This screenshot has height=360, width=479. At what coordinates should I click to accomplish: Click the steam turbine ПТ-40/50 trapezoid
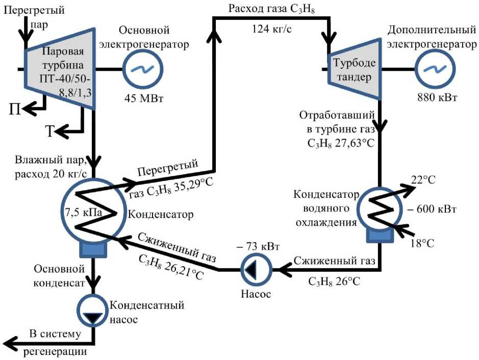click(59, 69)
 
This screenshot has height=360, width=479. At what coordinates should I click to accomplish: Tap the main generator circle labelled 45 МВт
click(143, 69)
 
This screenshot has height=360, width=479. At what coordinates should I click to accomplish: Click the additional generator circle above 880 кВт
click(435, 69)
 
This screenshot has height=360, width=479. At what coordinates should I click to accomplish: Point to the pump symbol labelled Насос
click(256, 270)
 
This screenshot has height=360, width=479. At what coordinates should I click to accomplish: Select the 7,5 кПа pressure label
click(83, 212)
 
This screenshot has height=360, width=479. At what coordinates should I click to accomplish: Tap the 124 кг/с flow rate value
click(271, 29)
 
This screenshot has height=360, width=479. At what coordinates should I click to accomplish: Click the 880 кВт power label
click(437, 97)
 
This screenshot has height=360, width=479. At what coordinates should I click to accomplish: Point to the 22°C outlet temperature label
click(423, 180)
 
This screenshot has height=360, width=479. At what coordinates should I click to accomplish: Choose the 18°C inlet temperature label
click(422, 243)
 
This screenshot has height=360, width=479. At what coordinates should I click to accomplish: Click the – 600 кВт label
click(432, 209)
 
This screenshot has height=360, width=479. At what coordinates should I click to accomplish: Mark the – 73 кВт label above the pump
click(258, 246)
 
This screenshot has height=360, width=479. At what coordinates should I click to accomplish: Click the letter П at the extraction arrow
click(15, 109)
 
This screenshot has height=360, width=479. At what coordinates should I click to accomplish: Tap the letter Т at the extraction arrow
click(50, 131)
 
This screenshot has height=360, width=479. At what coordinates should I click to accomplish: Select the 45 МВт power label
click(144, 98)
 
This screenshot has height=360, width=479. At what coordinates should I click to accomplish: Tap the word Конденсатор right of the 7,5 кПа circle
click(160, 214)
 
